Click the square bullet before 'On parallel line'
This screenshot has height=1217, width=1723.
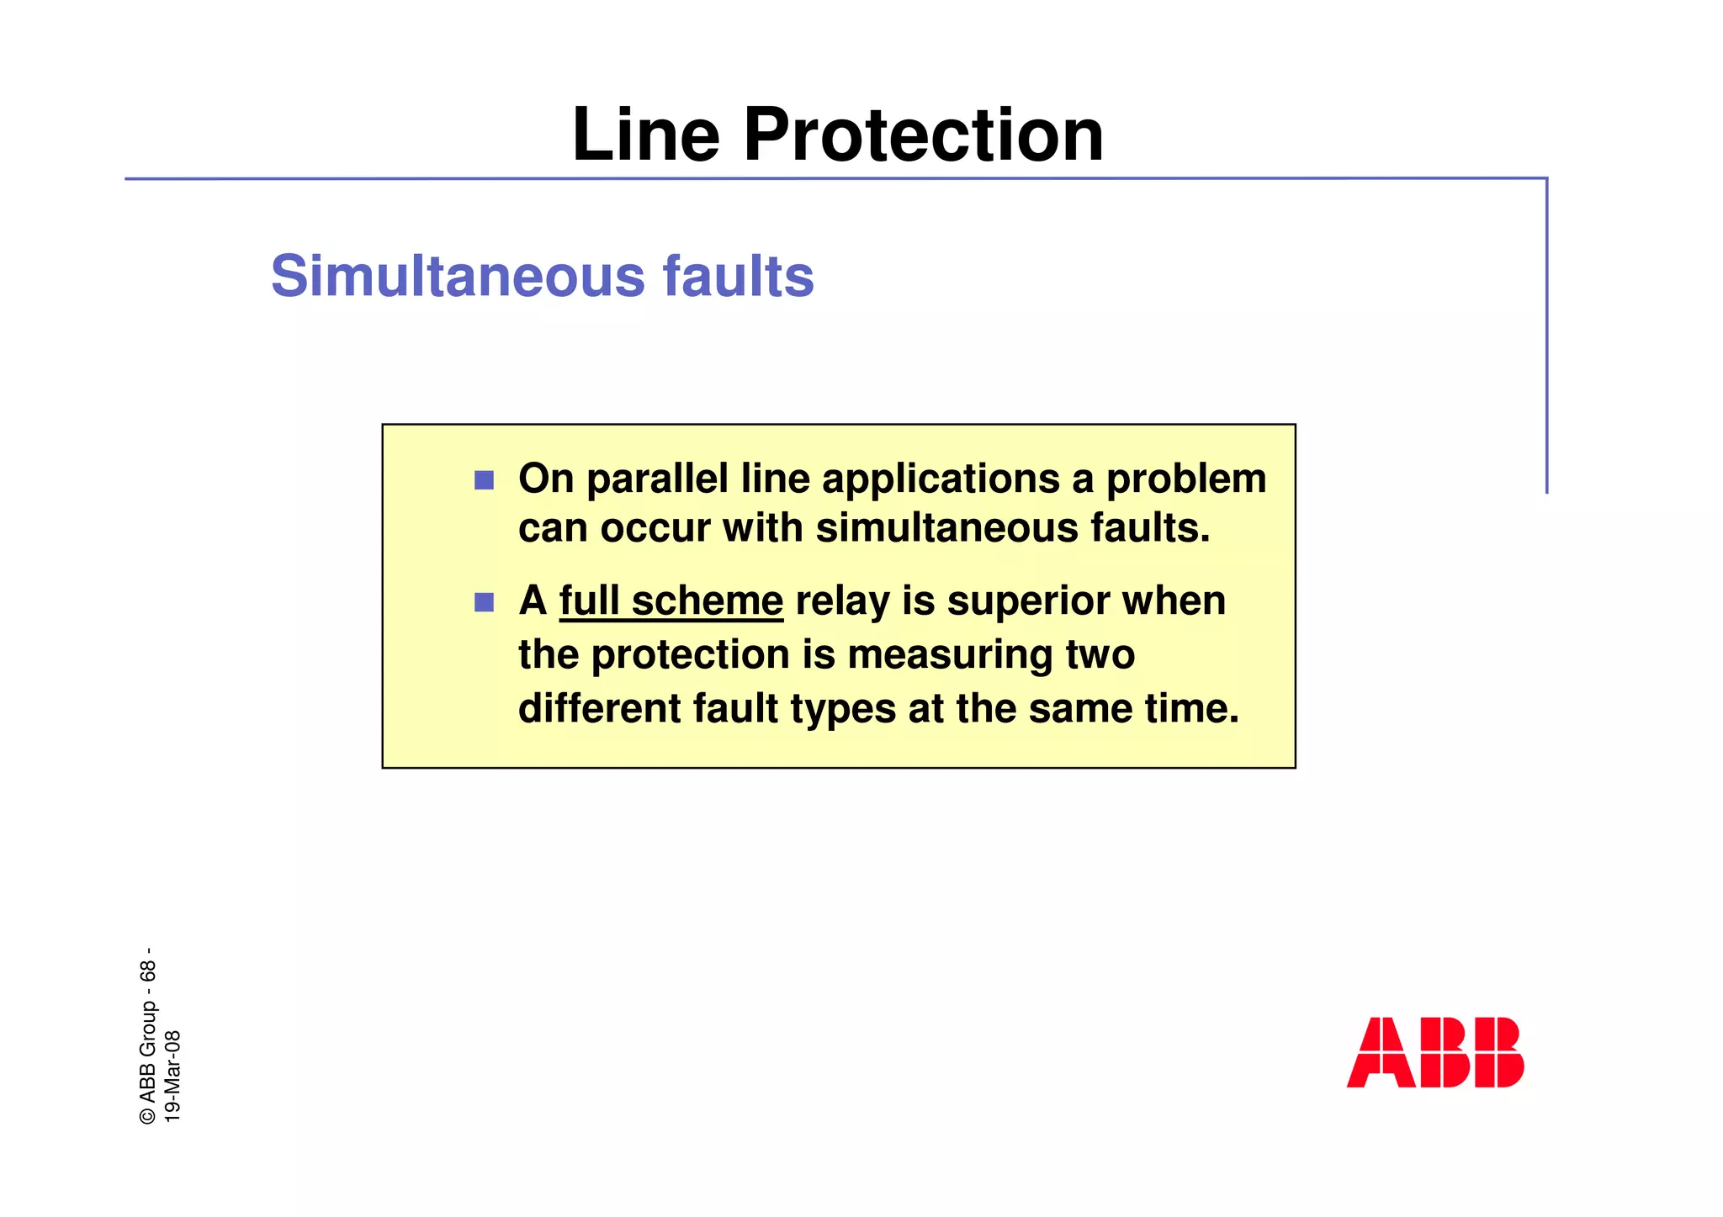(x=484, y=480)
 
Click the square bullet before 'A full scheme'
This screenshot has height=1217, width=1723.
(x=484, y=602)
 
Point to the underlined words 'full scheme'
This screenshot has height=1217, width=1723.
(x=671, y=601)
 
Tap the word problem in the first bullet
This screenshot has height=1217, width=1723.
(x=1185, y=479)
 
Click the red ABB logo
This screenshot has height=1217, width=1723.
(x=1434, y=1052)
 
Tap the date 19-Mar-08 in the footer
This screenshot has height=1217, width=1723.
(x=172, y=1076)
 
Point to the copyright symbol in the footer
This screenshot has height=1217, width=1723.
(x=148, y=1115)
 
